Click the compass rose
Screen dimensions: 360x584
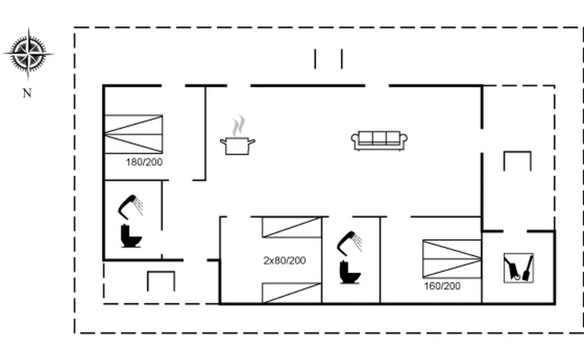(29, 54)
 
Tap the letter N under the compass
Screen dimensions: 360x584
(27, 93)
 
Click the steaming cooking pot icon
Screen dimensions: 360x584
(238, 145)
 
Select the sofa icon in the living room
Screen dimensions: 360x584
(379, 140)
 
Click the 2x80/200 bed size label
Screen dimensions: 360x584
(285, 260)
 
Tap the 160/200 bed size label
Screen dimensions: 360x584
(442, 286)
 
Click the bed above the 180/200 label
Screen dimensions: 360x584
(134, 134)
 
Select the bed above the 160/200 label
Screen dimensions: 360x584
(452, 258)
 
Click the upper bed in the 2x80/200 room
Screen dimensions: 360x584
(291, 227)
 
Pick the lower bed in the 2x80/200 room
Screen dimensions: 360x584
(291, 293)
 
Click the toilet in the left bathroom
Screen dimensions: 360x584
(130, 236)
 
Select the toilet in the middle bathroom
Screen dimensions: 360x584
(350, 272)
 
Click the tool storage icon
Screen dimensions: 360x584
(518, 267)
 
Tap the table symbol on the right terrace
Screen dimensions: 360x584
(517, 161)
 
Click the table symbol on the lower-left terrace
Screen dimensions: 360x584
(161, 281)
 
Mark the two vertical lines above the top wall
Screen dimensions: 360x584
(328, 59)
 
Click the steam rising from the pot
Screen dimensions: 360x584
(238, 126)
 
